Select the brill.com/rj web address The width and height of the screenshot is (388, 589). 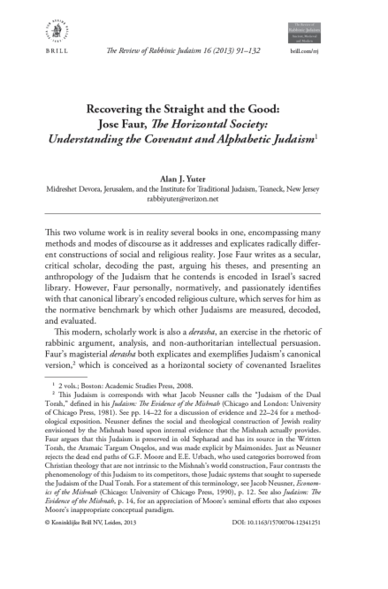(x=330, y=54)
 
